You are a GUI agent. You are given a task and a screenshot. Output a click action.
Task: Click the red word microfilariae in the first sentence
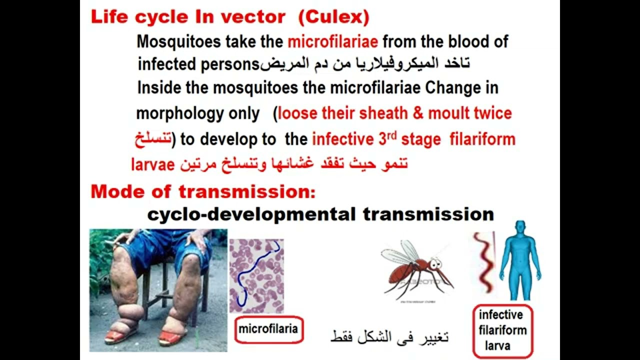(x=332, y=41)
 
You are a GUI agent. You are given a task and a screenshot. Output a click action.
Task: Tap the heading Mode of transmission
(x=203, y=191)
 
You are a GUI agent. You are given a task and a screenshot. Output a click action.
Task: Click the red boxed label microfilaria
(x=268, y=329)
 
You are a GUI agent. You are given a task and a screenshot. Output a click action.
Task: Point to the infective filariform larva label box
(x=502, y=330)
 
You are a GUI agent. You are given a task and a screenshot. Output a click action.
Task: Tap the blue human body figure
(x=520, y=260)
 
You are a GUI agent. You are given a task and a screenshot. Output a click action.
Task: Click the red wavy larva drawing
(x=484, y=265)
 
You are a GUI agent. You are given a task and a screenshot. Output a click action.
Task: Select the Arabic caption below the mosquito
(x=389, y=337)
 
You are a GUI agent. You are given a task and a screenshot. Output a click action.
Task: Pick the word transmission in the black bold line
(x=428, y=214)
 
